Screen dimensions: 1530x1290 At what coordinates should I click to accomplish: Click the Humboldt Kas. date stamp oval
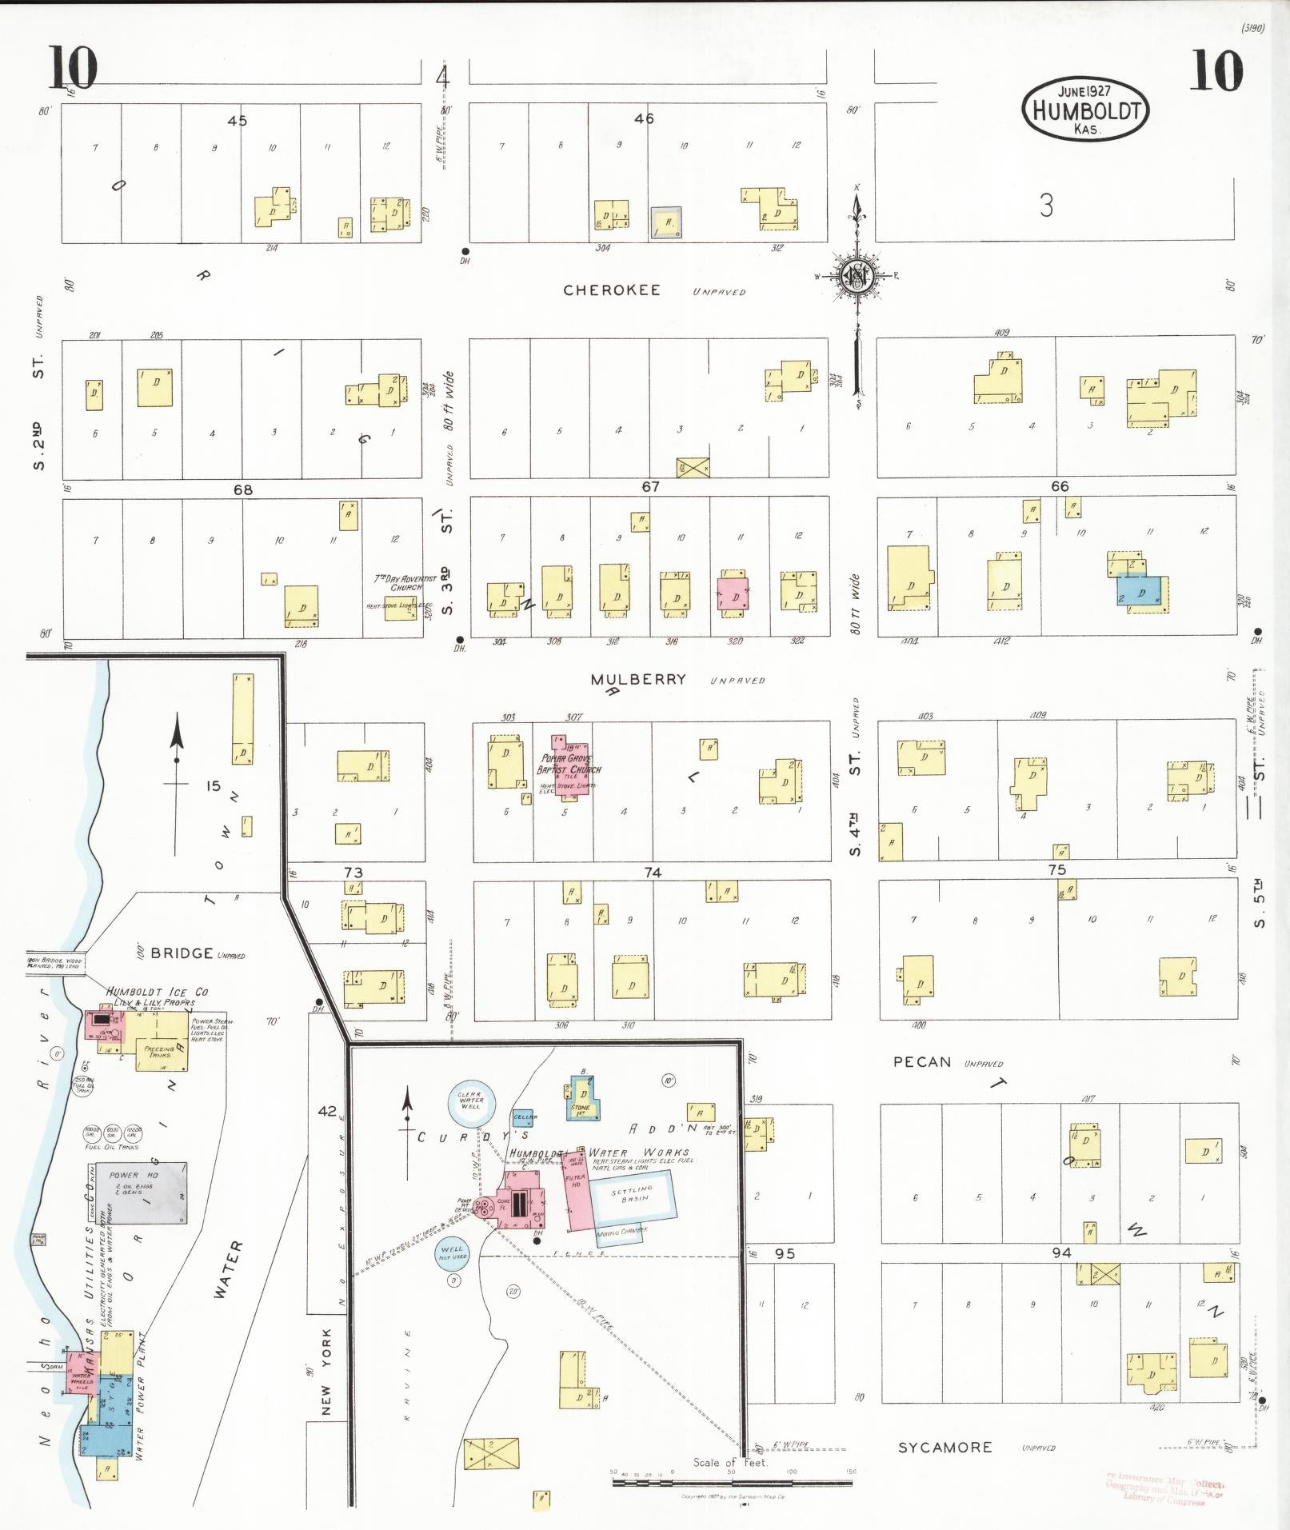[1084, 110]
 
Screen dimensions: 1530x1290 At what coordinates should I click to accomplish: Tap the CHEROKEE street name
[612, 290]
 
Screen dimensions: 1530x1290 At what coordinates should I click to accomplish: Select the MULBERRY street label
[638, 680]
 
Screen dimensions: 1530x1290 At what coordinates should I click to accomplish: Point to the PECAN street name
[922, 1062]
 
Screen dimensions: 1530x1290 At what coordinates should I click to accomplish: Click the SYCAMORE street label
[945, 1448]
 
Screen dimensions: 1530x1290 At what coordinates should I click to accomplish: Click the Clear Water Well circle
[470, 1101]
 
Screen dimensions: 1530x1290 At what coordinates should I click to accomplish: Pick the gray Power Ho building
[136, 1192]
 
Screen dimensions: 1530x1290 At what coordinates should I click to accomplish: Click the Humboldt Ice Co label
[158, 992]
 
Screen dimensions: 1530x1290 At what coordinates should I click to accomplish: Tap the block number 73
[353, 873]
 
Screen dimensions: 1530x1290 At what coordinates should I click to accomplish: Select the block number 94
[1061, 1252]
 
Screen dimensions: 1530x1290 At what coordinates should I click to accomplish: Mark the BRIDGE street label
[182, 953]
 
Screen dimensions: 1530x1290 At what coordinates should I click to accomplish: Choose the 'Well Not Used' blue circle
[452, 1253]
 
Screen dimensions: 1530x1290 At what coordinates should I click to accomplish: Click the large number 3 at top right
[1046, 206]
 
